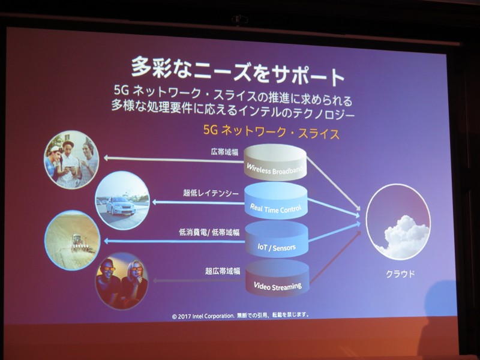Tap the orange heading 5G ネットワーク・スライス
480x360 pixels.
[272, 133]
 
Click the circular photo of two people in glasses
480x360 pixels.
[122, 281]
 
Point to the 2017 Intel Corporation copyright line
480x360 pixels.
[240, 314]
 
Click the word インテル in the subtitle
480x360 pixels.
[280, 112]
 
